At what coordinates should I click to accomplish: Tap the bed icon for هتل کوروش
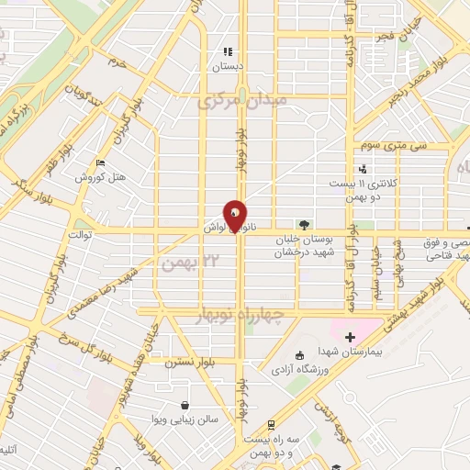point(100,162)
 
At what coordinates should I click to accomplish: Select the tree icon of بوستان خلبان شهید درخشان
point(303,224)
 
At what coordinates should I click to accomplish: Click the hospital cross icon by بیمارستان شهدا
point(350,338)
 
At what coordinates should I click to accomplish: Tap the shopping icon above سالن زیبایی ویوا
point(185,405)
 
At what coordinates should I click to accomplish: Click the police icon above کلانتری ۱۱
point(363,168)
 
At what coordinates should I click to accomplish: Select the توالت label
point(73,235)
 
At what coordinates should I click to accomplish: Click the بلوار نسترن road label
point(188,364)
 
